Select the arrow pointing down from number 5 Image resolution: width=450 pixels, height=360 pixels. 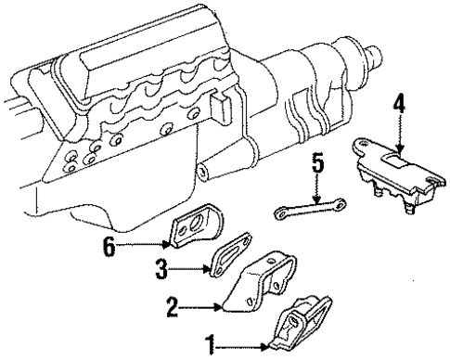[x=317, y=190]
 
